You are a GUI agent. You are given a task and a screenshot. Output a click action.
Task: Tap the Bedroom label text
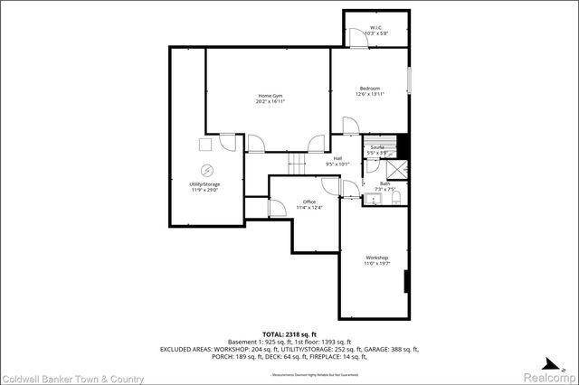tap(367, 88)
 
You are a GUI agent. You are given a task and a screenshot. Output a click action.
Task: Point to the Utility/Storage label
tap(204, 184)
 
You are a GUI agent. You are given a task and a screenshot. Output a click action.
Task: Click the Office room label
tap(308, 202)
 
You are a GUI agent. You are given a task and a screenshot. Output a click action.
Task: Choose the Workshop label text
tap(376, 258)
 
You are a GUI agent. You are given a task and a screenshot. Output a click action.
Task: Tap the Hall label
tap(337, 158)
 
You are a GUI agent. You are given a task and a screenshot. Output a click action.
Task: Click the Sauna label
tap(376, 146)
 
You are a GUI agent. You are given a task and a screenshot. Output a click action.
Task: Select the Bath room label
tap(384, 184)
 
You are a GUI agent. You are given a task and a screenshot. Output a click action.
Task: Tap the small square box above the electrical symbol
tap(205, 143)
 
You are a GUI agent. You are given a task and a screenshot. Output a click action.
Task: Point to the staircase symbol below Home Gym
tap(297, 164)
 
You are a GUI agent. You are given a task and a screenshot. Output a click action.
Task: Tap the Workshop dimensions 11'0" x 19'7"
tap(376, 264)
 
